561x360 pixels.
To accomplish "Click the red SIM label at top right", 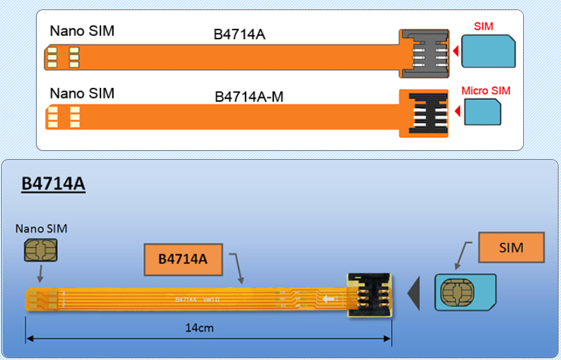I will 483,26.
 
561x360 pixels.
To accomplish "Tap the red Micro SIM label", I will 485,91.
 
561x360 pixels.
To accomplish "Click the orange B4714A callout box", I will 183,258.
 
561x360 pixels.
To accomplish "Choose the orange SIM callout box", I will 511,248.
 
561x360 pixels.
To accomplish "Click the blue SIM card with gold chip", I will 465,292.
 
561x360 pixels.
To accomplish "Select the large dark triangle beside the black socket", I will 414,293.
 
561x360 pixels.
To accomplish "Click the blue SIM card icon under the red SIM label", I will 488,51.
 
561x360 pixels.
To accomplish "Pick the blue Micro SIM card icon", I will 483,114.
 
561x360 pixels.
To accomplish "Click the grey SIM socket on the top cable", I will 423,54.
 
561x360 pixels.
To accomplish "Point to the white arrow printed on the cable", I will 329,299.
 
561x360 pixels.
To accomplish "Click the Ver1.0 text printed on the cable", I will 212,299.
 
